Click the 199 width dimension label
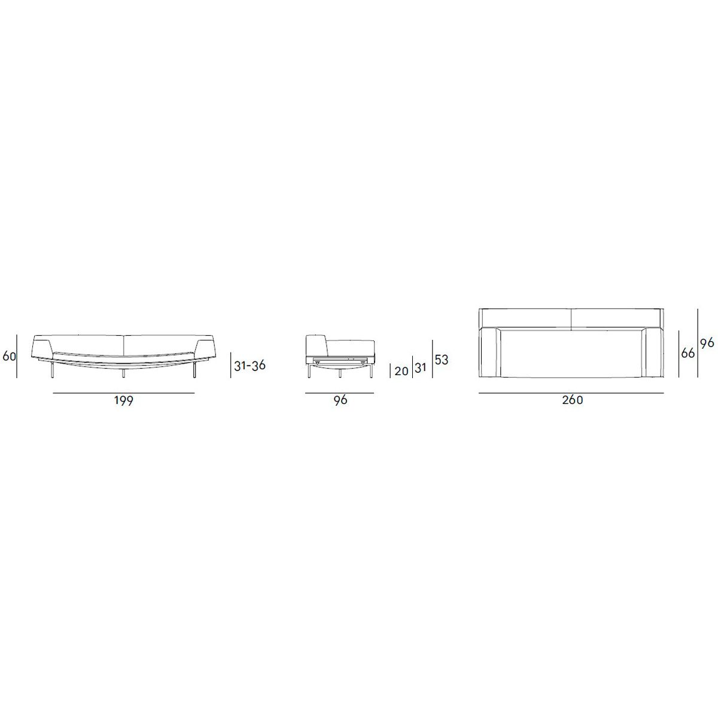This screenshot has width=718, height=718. [x=123, y=401]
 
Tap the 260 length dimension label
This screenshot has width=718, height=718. [x=573, y=400]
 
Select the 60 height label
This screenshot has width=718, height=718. [x=10, y=356]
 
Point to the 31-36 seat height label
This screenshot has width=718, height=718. [x=250, y=366]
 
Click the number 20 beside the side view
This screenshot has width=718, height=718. [x=401, y=371]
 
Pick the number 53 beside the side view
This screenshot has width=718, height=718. [x=441, y=360]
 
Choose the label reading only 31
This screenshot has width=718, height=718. [x=420, y=368]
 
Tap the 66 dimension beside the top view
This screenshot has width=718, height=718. [x=688, y=353]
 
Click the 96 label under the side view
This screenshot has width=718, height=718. [x=340, y=400]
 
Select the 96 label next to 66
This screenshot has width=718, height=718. [x=707, y=343]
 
